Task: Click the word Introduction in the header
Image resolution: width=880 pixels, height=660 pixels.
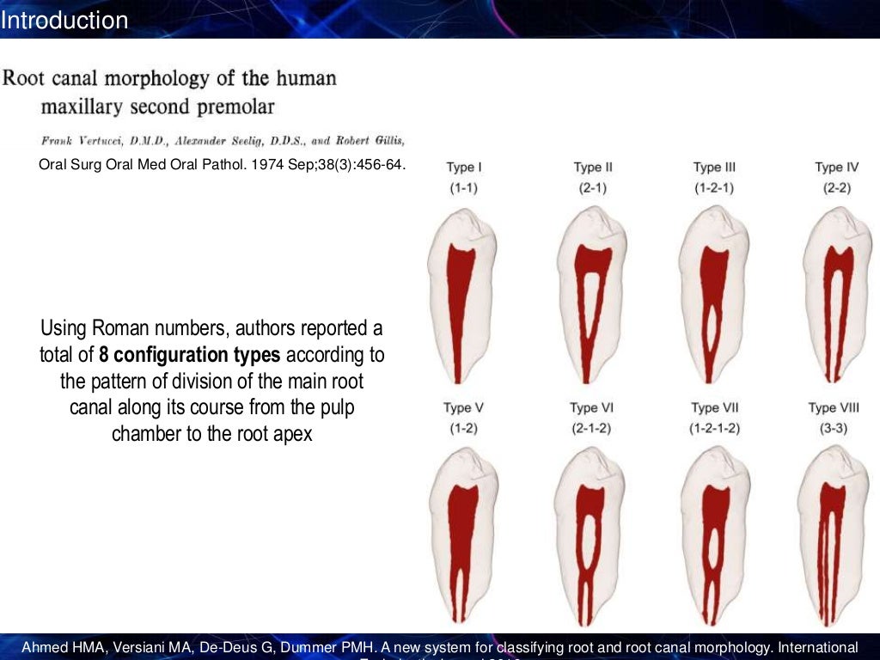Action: point(64,20)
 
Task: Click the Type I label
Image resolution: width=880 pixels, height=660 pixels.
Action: point(463,168)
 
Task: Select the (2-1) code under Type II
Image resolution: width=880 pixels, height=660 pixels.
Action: point(592,187)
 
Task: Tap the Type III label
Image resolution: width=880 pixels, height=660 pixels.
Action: point(714,168)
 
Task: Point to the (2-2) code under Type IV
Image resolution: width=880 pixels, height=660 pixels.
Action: point(833,187)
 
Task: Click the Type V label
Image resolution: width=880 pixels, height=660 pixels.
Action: point(463,407)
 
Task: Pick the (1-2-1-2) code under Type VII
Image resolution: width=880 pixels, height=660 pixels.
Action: point(714,427)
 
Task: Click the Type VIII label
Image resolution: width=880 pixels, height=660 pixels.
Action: point(833,407)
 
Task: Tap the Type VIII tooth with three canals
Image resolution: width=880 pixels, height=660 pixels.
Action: point(830,541)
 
